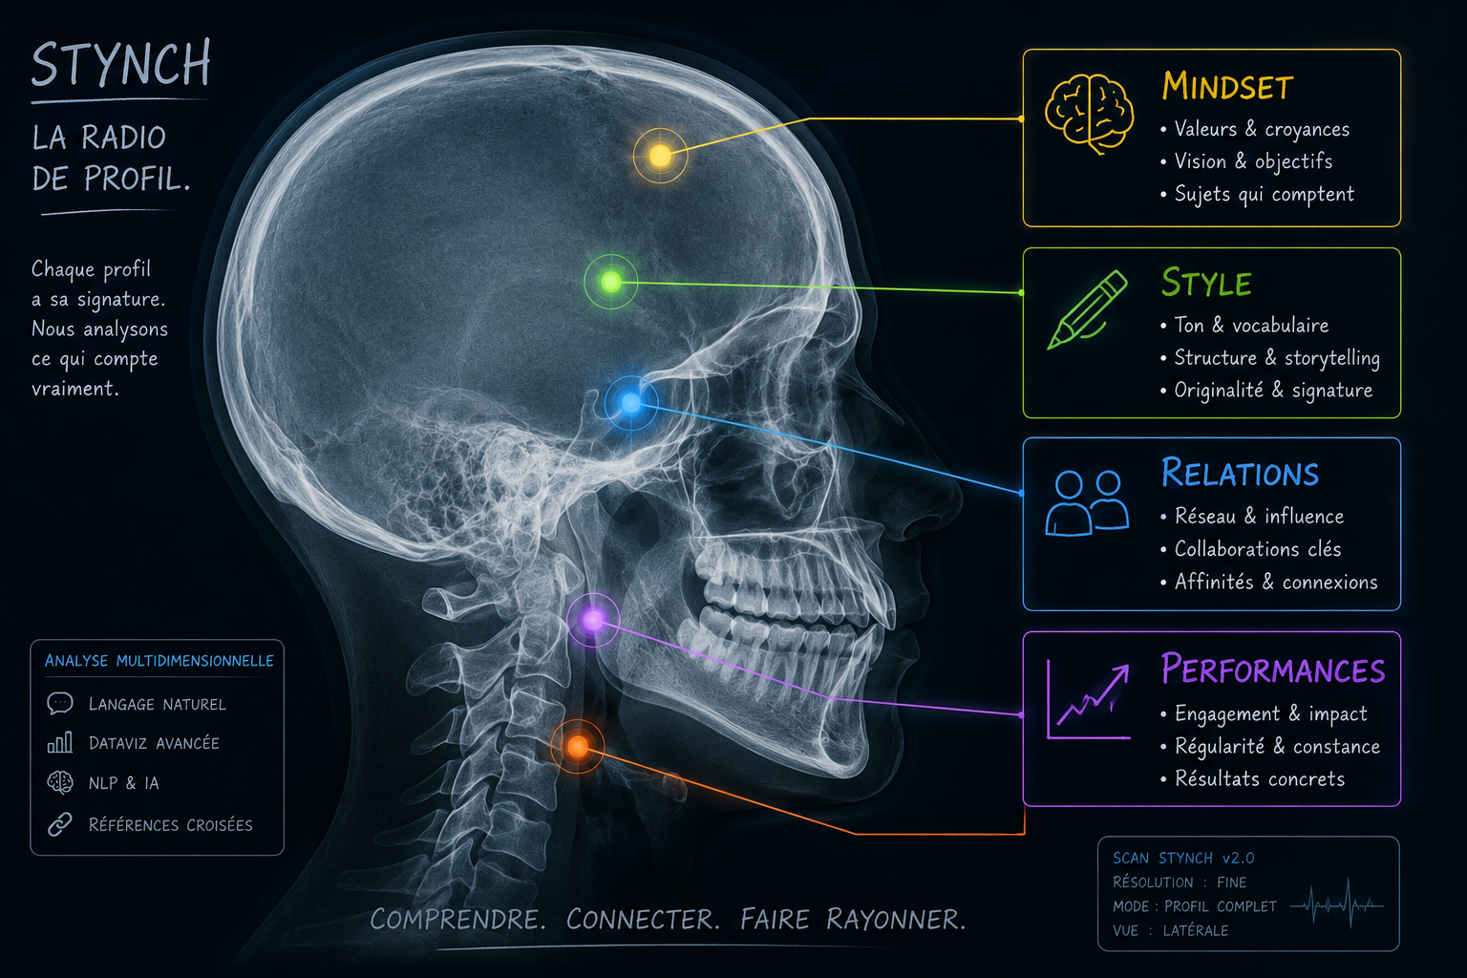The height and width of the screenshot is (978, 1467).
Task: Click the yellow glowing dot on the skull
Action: [x=660, y=156]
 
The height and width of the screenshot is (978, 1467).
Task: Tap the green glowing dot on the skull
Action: [x=610, y=283]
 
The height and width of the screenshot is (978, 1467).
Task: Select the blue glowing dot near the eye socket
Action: [x=630, y=403]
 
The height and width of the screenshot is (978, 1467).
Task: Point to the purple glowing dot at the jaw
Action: [x=593, y=621]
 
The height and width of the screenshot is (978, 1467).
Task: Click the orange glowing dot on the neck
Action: [x=578, y=746]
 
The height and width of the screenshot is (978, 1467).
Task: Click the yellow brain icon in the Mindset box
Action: [x=1089, y=114]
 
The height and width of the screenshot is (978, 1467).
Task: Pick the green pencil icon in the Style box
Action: [x=1087, y=309]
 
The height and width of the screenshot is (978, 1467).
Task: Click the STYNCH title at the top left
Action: [x=121, y=64]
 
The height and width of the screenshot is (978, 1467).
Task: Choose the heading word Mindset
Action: [x=1227, y=87]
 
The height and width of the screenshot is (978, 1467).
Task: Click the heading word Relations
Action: [x=1240, y=473]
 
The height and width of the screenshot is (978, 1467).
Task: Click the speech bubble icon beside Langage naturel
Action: [x=59, y=704]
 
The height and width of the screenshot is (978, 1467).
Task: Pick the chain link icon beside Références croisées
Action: [x=59, y=824]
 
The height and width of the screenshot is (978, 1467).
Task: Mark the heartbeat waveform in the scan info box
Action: [x=1336, y=904]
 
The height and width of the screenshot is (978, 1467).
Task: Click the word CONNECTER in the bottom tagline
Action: [x=643, y=920]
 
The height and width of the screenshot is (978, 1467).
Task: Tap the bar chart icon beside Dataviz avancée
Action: [x=59, y=743]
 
